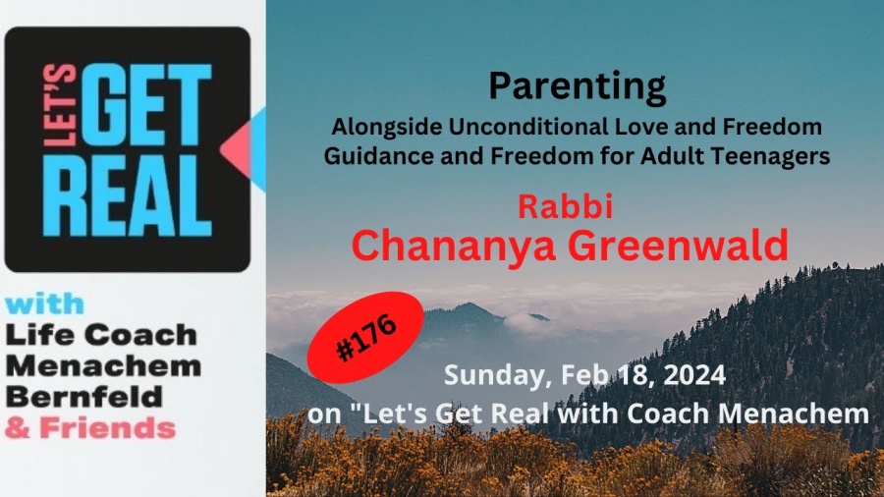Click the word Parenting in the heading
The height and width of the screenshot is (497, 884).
point(577,88)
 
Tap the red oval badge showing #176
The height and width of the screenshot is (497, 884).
point(365,337)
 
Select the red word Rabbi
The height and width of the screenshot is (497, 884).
point(565,206)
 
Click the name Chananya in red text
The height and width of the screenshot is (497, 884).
point(453,247)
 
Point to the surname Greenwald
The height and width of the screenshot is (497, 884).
point(678,246)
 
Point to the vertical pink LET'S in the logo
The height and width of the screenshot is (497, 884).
point(60,105)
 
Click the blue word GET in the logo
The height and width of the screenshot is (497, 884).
point(146,105)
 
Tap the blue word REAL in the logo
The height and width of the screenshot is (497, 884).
point(128,195)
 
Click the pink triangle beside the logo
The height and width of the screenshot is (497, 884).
point(236,150)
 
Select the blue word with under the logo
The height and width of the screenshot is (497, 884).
point(45,304)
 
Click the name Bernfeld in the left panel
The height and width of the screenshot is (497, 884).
point(84,397)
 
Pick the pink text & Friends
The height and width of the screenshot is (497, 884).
point(90,428)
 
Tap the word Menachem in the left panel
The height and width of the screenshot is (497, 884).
point(104,366)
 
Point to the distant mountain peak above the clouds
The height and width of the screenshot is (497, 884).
point(468,306)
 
